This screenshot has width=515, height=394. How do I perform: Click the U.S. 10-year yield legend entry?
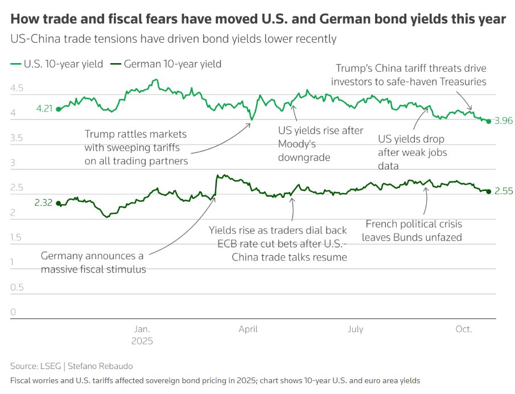(57, 64)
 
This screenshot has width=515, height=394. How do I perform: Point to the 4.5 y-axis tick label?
(18, 89)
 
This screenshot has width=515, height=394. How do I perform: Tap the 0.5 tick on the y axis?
(18, 287)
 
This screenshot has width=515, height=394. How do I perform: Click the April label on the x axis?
(248, 329)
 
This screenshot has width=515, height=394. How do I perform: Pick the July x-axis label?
(355, 329)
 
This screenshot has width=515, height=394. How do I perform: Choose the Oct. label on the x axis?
(464, 329)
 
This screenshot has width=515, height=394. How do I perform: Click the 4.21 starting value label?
(44, 109)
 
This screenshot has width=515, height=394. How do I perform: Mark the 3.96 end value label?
(504, 121)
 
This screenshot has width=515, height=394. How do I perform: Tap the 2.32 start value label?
(44, 203)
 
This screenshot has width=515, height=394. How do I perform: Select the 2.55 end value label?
(504, 192)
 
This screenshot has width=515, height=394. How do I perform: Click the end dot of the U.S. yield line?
(489, 121)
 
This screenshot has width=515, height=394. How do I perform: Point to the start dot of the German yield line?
(58, 203)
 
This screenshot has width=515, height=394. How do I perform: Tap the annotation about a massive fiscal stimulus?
(93, 263)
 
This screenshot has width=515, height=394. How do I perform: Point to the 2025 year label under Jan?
(142, 342)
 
